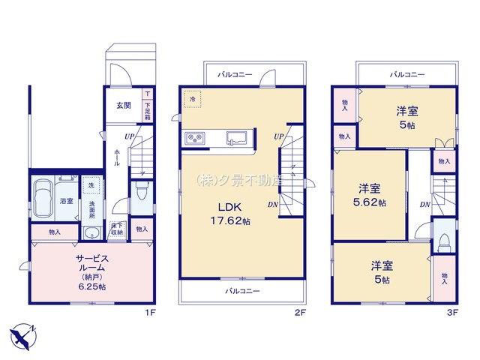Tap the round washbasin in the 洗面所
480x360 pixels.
pyautogui.click(x=92, y=232)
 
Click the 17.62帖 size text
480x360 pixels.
pyautogui.click(x=236, y=222)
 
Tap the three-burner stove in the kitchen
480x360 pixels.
pyautogui.click(x=196, y=138)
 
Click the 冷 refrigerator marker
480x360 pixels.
pyautogui.click(x=192, y=99)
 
